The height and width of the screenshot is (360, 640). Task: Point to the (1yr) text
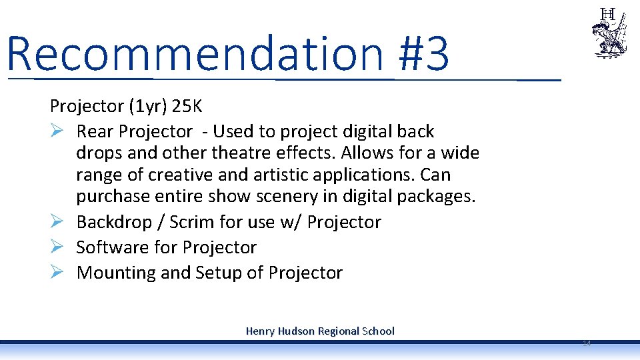tap(147, 106)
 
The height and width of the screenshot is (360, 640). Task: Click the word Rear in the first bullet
tap(95, 131)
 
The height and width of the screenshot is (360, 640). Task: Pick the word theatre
tap(240, 153)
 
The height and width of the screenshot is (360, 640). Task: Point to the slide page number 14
tap(586, 343)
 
